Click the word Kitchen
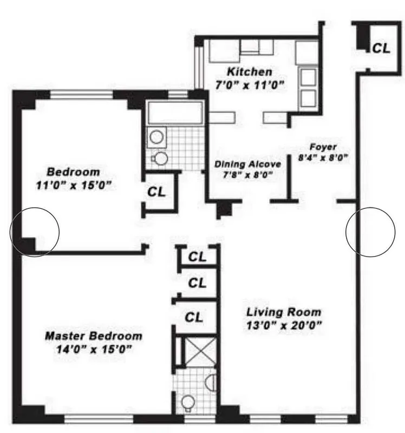[250, 71]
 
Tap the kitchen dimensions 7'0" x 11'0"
[250, 85]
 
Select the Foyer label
[323, 147]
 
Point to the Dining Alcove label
[247, 163]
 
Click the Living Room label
[284, 312]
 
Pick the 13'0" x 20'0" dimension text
[284, 325]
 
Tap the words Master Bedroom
[94, 336]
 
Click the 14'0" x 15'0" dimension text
[94, 349]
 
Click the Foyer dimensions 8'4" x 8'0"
[323, 158]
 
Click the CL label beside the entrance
[381, 48]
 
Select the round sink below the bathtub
[158, 137]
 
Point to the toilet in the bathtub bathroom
[161, 158]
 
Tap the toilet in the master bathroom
[187, 403]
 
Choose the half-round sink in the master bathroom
[213, 383]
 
